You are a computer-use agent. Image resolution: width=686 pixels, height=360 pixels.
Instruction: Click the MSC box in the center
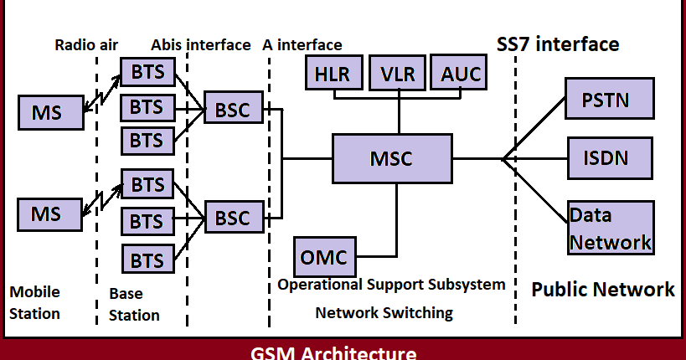(392, 158)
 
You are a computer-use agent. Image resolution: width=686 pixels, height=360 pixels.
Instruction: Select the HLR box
(334, 74)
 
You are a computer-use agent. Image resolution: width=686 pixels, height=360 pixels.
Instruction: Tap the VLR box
(398, 74)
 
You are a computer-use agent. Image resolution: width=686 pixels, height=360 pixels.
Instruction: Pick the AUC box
(460, 74)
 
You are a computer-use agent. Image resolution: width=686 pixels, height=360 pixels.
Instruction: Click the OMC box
(324, 255)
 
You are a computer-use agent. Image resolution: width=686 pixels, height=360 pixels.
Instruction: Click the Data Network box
(610, 228)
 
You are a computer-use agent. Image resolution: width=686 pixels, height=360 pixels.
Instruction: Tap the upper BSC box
(232, 109)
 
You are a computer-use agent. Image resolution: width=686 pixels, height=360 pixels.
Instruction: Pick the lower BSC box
(232, 218)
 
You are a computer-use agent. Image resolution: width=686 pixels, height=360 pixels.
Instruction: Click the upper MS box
(49, 111)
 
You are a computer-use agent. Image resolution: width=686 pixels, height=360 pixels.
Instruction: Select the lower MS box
(49, 213)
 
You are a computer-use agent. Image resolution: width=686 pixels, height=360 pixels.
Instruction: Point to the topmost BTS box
(147, 72)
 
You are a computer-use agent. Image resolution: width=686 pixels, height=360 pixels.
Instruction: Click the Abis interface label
(200, 45)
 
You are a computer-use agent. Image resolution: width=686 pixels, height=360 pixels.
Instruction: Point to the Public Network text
(603, 290)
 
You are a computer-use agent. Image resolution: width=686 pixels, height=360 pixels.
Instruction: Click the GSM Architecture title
(333, 352)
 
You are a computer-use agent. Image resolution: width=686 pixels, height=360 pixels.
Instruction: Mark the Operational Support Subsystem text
(391, 285)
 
